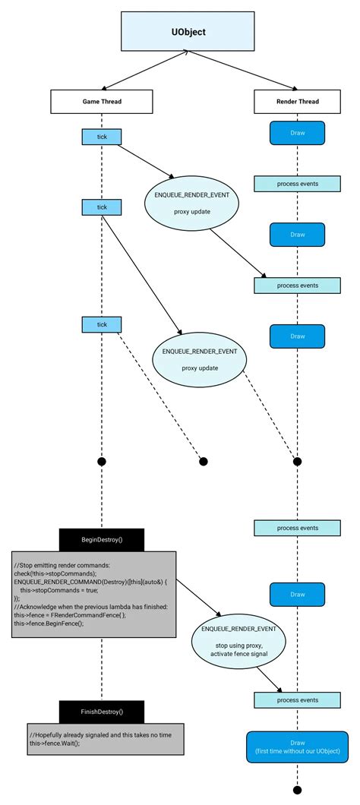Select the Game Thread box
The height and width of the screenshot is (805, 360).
(102, 101)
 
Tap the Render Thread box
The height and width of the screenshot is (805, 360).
(297, 101)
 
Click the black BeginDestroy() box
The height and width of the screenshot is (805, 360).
(102, 539)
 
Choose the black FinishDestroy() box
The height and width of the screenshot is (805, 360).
(102, 712)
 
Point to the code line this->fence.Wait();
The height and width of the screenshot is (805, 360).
(54, 743)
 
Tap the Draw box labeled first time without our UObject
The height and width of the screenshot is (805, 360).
(297, 747)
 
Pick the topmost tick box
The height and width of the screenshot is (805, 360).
(102, 137)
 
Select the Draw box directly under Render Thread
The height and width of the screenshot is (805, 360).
(297, 134)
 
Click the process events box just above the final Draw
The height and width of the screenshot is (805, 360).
(297, 700)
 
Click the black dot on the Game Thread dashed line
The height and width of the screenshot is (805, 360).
(102, 461)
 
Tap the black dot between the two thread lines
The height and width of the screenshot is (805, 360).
(203, 461)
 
